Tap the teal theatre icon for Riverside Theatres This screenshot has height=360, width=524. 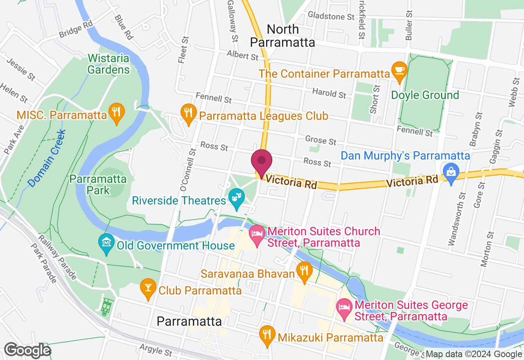[236, 198]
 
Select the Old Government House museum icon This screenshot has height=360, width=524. [106, 244]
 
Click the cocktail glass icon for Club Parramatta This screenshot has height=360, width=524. [148, 289]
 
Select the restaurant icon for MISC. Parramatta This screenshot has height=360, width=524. [117, 112]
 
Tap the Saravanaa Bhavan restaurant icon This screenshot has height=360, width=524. [304, 271]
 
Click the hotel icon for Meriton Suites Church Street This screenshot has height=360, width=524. [257, 235]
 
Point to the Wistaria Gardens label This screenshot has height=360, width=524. [108, 64]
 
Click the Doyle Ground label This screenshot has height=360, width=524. [425, 95]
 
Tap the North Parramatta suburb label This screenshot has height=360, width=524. [282, 36]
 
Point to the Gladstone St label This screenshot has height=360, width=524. [331, 16]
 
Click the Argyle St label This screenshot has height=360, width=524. [156, 351]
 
